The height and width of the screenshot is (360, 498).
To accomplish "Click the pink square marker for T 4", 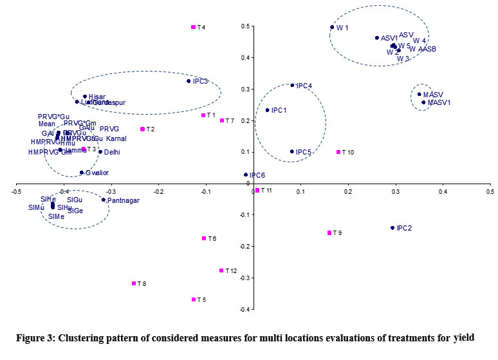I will [193, 27].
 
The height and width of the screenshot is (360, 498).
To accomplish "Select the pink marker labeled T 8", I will [134, 283].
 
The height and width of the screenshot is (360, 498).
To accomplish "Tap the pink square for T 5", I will [193, 299].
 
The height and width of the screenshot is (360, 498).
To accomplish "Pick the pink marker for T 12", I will [221, 270].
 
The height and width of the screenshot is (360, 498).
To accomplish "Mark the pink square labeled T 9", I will [329, 232].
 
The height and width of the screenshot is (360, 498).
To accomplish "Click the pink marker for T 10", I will [338, 152].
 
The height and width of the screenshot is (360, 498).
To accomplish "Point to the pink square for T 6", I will [204, 238].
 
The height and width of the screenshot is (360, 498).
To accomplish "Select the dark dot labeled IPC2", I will [392, 228].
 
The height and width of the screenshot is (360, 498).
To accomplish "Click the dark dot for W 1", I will [332, 27].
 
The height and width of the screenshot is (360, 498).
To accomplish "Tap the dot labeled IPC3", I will [189, 81].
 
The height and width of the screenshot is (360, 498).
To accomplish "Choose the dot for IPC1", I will [268, 110].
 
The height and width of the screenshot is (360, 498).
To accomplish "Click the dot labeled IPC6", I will [245, 175].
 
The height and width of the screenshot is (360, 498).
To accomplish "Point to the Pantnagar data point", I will [103, 200].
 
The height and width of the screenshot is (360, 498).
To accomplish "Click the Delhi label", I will [112, 152].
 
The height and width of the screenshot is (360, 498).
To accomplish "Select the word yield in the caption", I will [463, 337].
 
